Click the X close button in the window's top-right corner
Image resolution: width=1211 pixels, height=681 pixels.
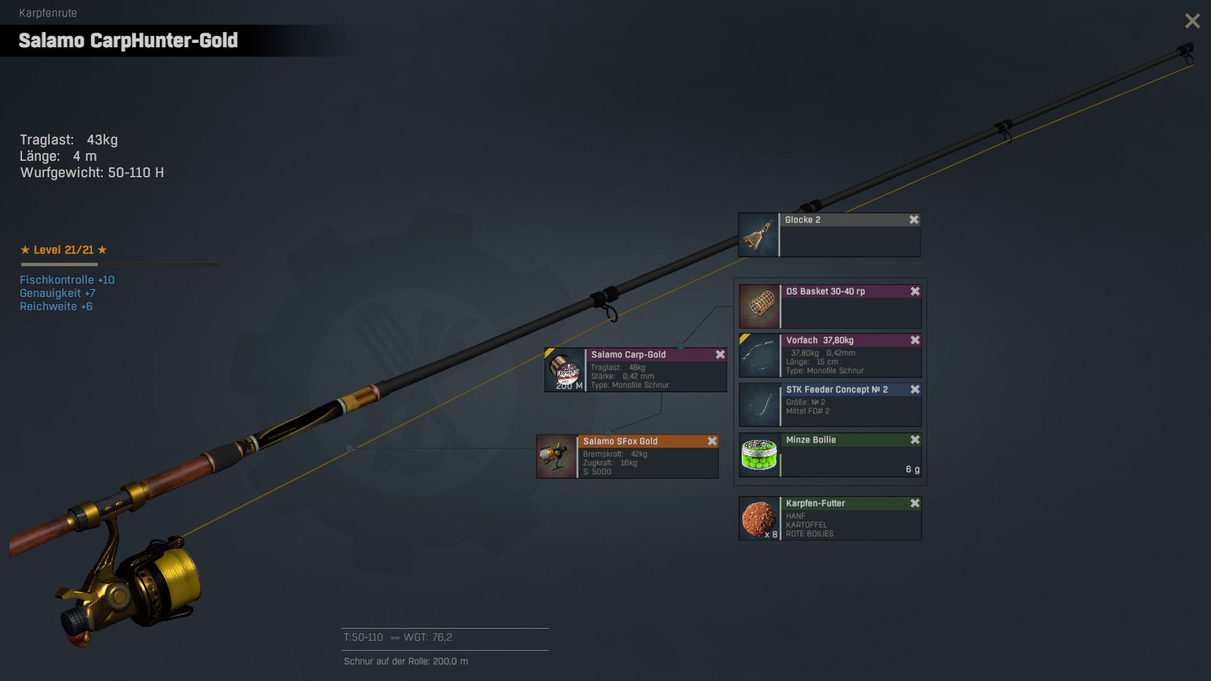[x=1192, y=21]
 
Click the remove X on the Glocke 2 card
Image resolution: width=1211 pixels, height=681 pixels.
[x=914, y=219]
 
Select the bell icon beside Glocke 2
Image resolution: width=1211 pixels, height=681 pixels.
[x=758, y=235]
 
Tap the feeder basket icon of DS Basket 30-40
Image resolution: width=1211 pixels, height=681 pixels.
[x=759, y=306]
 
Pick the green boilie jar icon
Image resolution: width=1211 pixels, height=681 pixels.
[x=759, y=455]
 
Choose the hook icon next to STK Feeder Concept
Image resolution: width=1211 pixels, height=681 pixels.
[x=759, y=405]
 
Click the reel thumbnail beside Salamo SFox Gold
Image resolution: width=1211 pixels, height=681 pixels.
[x=556, y=457]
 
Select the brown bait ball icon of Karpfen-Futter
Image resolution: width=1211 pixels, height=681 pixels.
[x=759, y=518]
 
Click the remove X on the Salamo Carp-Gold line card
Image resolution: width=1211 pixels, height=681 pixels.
[x=720, y=354]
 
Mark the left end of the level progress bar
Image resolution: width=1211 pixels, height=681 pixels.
[x=21, y=264]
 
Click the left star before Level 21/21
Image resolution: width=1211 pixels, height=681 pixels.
[x=25, y=250]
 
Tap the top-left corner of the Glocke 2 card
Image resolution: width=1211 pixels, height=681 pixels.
[x=739, y=213]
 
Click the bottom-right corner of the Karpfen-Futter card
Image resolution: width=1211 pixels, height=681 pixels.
[x=921, y=540]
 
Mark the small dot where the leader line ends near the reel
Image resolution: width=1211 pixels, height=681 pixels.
[x=349, y=448]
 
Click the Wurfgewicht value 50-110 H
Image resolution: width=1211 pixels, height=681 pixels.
[x=136, y=173]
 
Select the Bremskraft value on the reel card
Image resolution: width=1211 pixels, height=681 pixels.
[x=639, y=454]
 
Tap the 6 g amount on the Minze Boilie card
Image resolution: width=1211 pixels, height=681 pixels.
[x=913, y=469]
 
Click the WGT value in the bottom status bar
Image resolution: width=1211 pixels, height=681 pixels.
[x=442, y=637]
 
